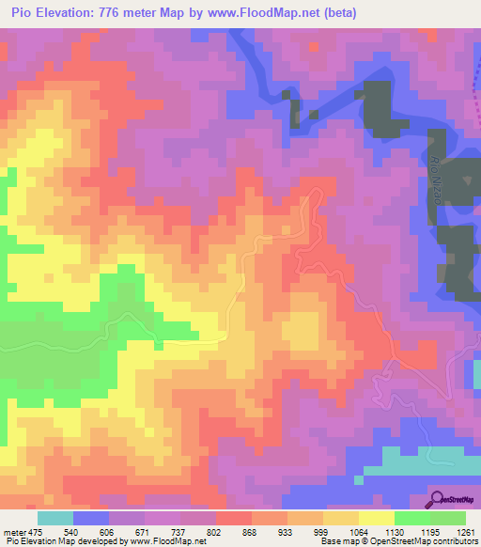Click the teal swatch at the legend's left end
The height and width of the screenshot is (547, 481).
[x=55, y=518]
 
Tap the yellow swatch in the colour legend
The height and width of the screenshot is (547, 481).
[x=377, y=518]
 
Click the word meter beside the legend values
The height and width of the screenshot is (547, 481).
[x=14, y=531]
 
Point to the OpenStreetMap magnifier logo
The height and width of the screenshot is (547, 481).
[x=438, y=498]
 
